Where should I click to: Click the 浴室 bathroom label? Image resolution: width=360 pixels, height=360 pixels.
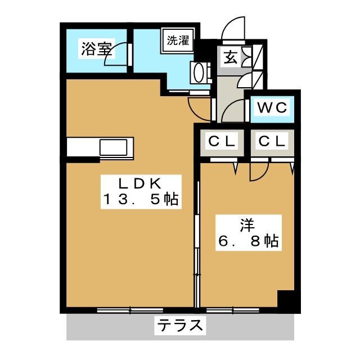point(97,49)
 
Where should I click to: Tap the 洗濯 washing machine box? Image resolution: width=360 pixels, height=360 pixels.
point(178,40)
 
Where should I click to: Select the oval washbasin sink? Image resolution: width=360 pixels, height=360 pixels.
point(199,73)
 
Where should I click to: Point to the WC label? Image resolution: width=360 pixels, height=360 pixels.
point(272,107)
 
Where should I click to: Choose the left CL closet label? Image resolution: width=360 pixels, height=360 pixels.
point(222,141)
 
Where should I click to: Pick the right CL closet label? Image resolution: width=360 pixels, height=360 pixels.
point(272,141)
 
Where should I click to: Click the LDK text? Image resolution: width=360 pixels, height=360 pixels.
point(139,183)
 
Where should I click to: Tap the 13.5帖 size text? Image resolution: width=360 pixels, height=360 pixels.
point(141,199)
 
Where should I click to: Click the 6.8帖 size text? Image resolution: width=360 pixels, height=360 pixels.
point(249,241)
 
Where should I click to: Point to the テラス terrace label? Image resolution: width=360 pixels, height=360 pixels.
point(180,325)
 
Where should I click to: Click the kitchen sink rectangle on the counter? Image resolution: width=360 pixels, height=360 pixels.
point(114,147)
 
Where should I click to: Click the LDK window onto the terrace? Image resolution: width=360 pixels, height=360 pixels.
point(130,310)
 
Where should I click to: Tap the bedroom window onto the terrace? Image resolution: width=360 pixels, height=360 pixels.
point(233,310)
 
